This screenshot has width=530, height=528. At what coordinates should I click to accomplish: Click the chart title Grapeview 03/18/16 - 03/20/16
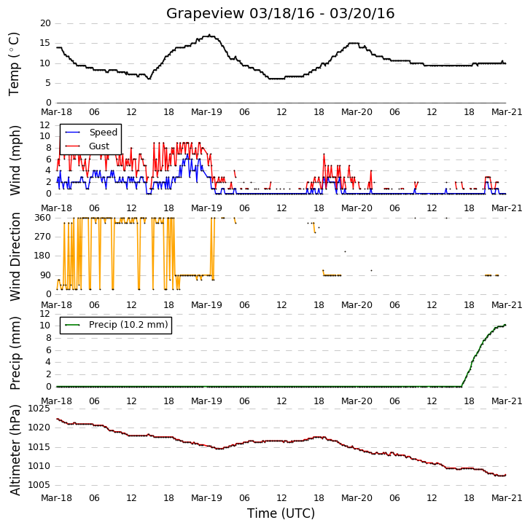[x=280, y=14]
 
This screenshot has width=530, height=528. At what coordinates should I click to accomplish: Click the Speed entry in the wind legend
[x=103, y=133]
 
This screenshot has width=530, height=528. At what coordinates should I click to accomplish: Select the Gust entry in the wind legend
[x=99, y=146]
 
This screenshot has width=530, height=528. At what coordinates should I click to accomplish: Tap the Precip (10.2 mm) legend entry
[x=128, y=325]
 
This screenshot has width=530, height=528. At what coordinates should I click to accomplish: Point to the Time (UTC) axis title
[x=281, y=513]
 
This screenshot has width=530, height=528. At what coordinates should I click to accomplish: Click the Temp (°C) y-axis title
[x=14, y=64]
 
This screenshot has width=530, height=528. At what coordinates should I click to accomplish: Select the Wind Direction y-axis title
[x=15, y=256]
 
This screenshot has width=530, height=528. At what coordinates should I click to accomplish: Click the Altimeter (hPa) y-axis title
[x=15, y=450]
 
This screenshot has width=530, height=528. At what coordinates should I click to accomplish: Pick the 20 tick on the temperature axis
[x=45, y=23]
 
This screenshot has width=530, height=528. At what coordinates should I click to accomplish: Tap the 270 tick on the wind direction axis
[x=42, y=237]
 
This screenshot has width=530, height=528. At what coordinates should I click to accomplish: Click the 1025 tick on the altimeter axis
[x=39, y=409]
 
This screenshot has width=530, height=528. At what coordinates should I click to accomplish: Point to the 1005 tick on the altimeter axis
[x=39, y=485]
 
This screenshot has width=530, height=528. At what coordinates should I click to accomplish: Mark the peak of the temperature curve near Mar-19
[x=209, y=35]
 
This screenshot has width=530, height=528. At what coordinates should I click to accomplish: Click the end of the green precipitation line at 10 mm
[x=505, y=325]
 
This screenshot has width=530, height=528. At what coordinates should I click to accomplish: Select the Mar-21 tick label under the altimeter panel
[x=507, y=498]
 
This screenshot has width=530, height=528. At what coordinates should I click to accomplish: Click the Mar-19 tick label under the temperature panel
[x=206, y=112]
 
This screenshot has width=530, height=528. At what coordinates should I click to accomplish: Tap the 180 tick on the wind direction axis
[x=42, y=256]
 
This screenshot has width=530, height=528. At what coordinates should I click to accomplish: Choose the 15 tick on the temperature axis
[x=45, y=43]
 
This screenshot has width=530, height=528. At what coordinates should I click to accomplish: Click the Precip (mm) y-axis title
[x=15, y=353]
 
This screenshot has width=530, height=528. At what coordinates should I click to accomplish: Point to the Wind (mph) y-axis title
[x=15, y=161]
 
